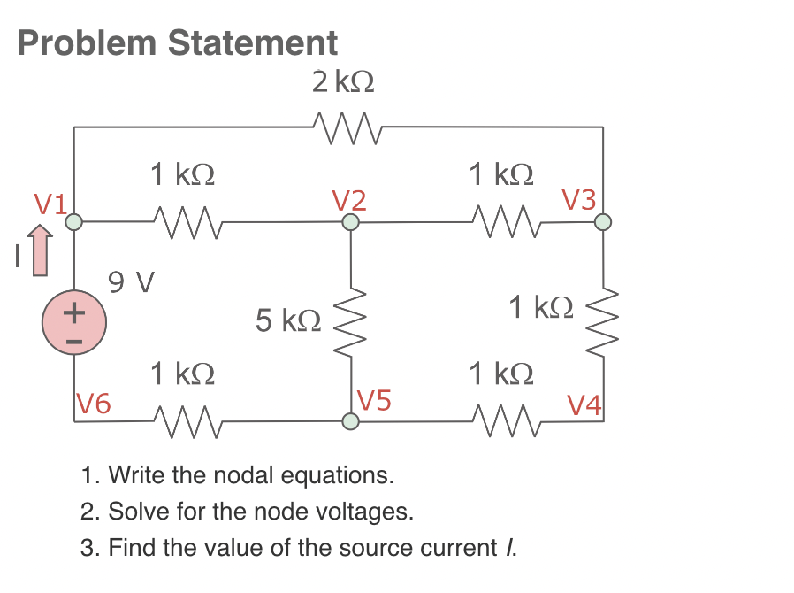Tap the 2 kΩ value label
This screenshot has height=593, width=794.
[x=342, y=82]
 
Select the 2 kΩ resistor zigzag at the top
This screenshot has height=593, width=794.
[x=346, y=127]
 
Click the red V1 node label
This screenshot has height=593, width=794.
[x=50, y=205]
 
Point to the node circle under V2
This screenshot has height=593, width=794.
[x=351, y=222]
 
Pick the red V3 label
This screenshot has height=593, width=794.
[x=579, y=200]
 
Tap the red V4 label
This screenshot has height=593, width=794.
[x=584, y=406]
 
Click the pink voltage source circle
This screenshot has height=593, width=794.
[x=74, y=324]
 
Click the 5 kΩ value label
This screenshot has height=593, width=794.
[x=287, y=320]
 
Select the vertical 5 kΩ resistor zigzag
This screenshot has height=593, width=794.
[x=351, y=321]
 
